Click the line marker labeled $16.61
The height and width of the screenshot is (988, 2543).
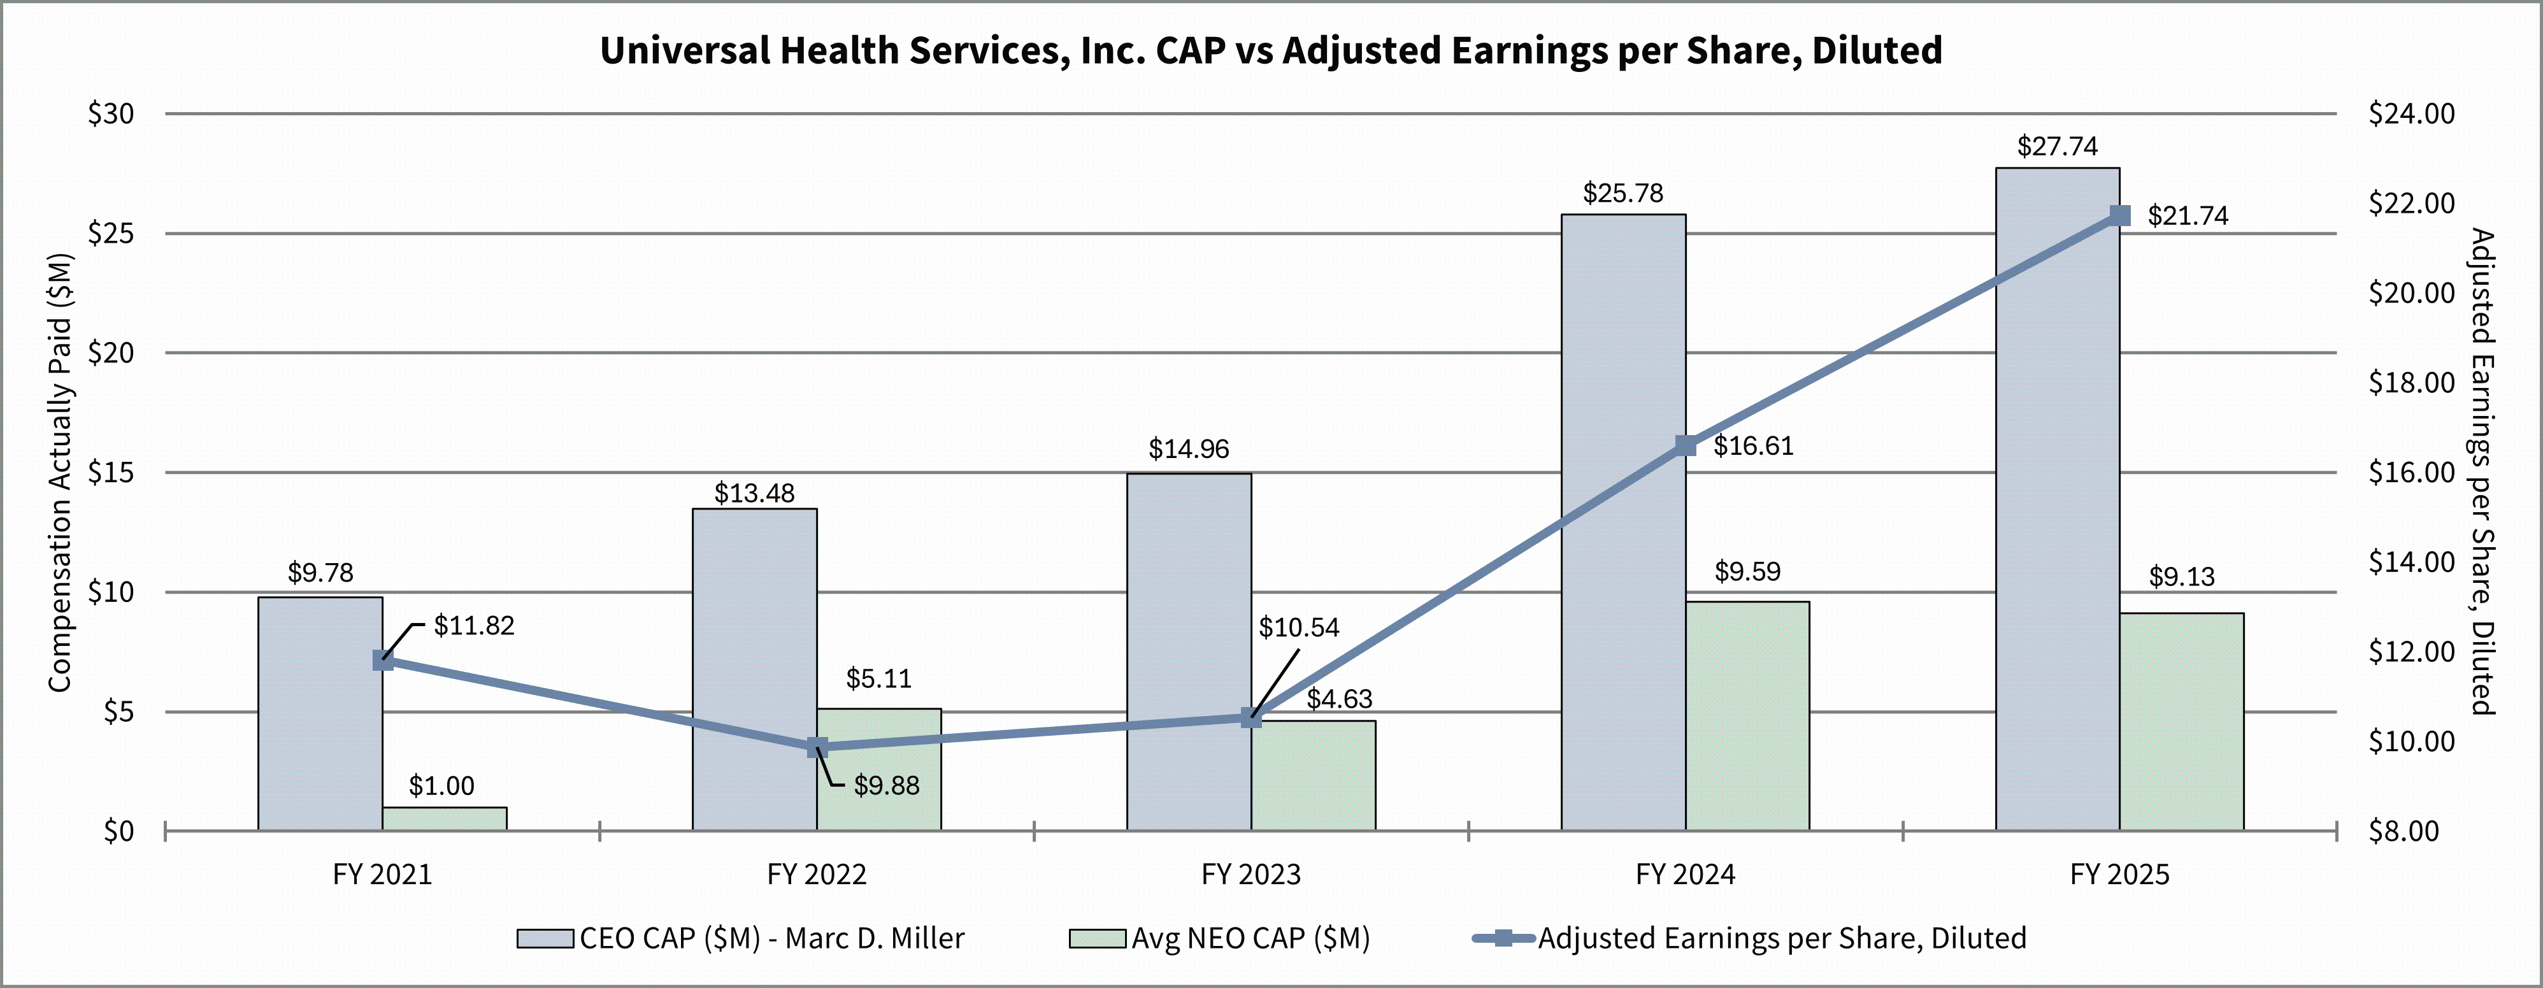1685,446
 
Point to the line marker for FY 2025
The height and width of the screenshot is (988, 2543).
2119,216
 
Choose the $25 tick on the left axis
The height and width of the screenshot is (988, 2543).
111,234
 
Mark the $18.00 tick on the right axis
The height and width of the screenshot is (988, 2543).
2410,383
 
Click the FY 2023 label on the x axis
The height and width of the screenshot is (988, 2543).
1250,875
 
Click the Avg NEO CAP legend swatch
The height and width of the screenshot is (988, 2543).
1097,938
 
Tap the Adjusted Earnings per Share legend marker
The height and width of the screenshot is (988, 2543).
1503,938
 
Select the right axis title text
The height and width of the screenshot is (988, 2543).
2482,472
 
